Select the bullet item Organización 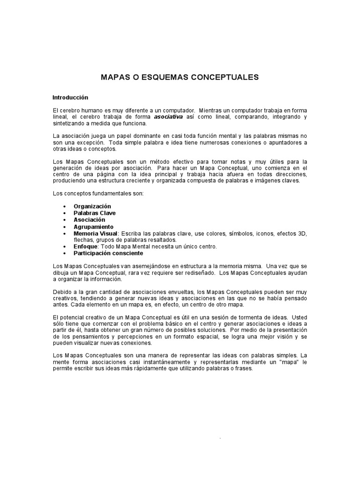92,206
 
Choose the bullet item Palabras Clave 95,213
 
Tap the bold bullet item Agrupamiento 93,226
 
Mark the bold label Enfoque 85,246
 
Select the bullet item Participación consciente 108,253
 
